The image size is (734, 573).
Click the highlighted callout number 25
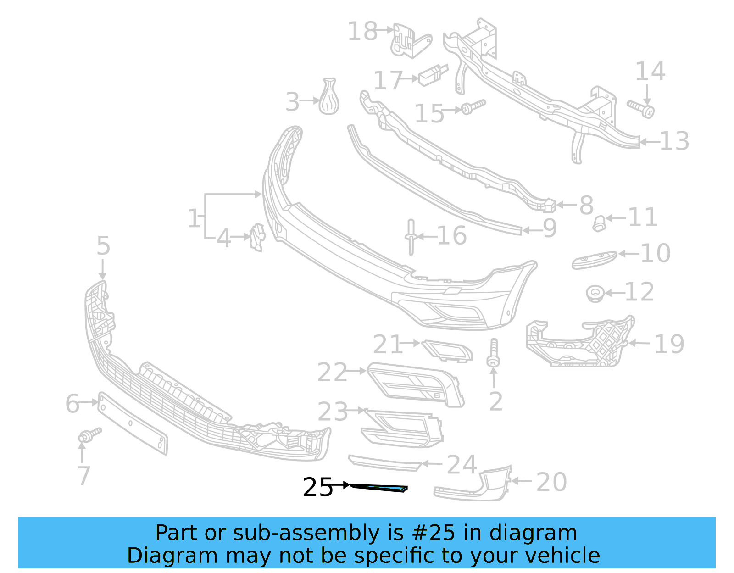317,487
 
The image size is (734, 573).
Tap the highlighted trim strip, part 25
379,488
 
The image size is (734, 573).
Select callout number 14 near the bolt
650,72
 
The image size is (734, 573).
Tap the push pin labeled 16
411,237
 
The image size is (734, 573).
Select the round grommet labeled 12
595,293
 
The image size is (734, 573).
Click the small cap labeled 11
599,223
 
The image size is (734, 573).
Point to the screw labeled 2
494,354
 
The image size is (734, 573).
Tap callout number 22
332,372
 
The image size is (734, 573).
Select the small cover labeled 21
447,351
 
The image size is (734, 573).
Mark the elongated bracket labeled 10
594,260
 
